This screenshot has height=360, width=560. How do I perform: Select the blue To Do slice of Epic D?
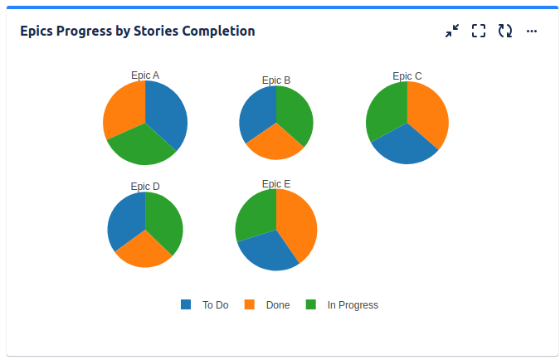coord(126,220)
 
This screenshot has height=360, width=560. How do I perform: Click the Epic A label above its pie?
coord(145,75)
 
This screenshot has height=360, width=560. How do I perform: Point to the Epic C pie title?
coord(407,76)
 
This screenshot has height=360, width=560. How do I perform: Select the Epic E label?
coord(276,183)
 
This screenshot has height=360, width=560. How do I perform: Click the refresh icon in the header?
coord(505,31)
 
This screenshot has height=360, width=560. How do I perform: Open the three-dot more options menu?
coord(532,31)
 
